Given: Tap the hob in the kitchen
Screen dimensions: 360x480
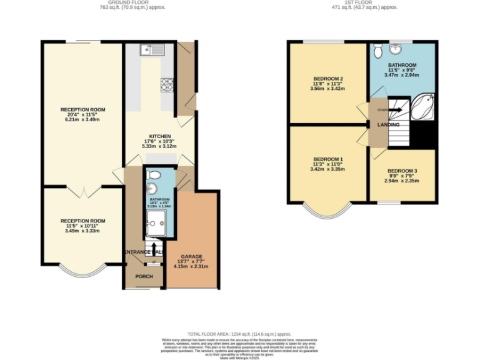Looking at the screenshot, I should (167, 84).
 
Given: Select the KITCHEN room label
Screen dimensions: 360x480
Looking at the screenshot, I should (159, 136).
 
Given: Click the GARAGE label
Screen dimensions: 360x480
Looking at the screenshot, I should (191, 256).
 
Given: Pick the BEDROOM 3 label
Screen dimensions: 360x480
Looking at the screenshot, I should (402, 171).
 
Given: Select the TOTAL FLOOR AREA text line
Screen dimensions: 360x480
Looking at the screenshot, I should (240, 334).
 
